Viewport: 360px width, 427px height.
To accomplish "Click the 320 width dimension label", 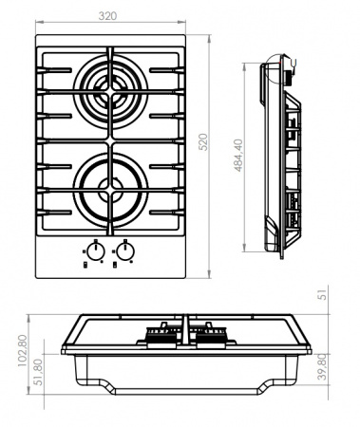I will coord(111,15).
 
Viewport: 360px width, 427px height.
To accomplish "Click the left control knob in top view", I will coord(94,251).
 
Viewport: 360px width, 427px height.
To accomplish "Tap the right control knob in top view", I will coord(125,251).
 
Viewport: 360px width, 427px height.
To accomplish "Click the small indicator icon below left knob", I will coord(86,267).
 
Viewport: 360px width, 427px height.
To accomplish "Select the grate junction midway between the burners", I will coord(110,133).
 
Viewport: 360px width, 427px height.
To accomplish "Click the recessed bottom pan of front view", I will coord(186,375).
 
